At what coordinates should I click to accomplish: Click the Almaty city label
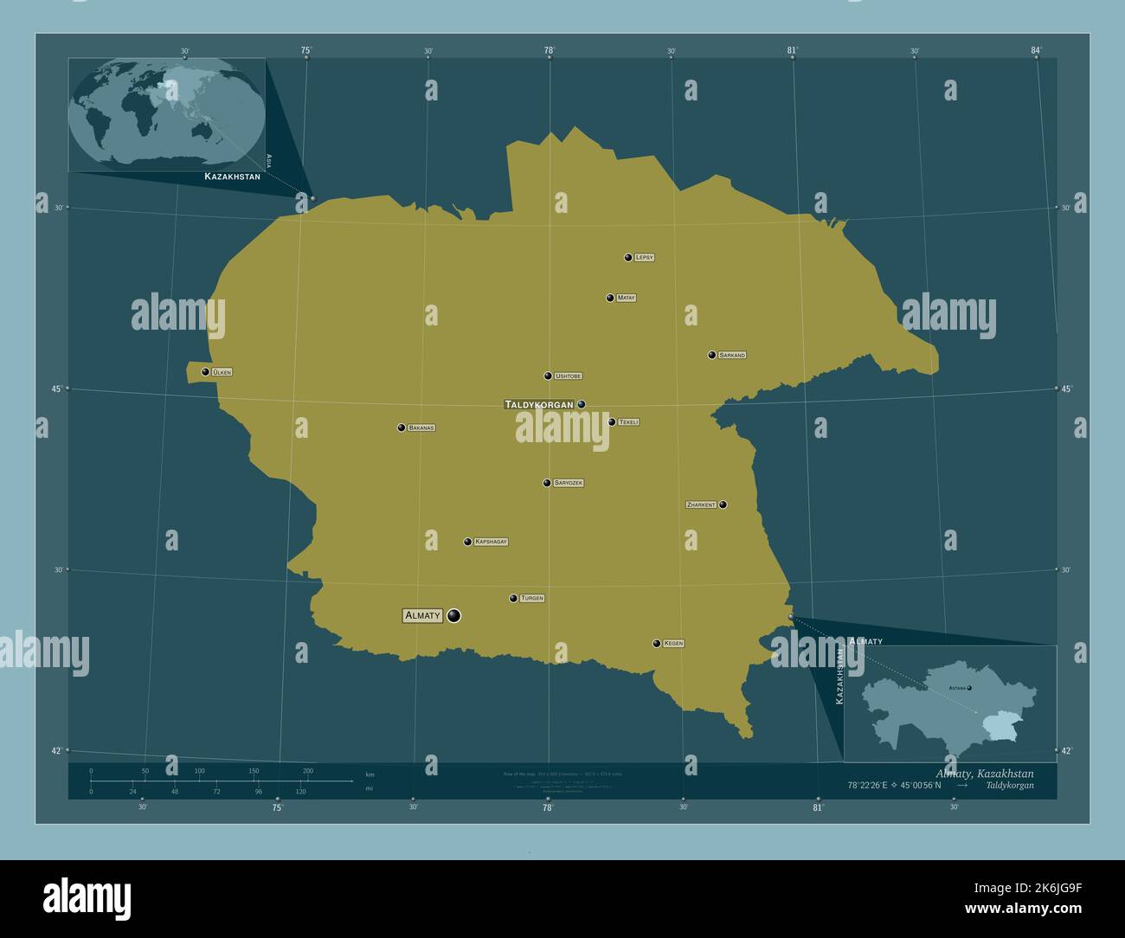pyautogui.click(x=422, y=616)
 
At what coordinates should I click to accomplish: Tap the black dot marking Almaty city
pyautogui.click(x=453, y=616)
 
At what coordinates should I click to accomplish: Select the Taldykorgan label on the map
pyautogui.click(x=538, y=404)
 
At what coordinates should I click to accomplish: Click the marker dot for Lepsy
pyautogui.click(x=628, y=257)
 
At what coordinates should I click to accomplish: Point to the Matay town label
pyautogui.click(x=627, y=298)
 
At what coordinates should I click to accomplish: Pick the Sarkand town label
pyautogui.click(x=731, y=355)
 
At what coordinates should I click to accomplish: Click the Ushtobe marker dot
pyautogui.click(x=548, y=376)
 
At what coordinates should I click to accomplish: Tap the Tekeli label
pyautogui.click(x=628, y=422)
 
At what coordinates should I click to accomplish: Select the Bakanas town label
pyautogui.click(x=421, y=427)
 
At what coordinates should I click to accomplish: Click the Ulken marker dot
pyautogui.click(x=205, y=372)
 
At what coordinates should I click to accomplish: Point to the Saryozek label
pyautogui.click(x=569, y=483)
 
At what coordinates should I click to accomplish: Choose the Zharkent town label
pyautogui.click(x=701, y=504)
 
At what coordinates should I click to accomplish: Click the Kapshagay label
pyautogui.click(x=491, y=542)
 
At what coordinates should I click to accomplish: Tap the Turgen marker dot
pyautogui.click(x=513, y=598)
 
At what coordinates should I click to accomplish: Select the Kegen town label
pyautogui.click(x=673, y=644)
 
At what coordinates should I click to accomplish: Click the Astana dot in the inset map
pyautogui.click(x=969, y=688)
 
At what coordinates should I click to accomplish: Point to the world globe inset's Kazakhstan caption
pyautogui.click(x=232, y=176)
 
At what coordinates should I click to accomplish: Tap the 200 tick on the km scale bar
pyautogui.click(x=308, y=771)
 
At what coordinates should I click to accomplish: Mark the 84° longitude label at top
pyautogui.click(x=1036, y=51)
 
